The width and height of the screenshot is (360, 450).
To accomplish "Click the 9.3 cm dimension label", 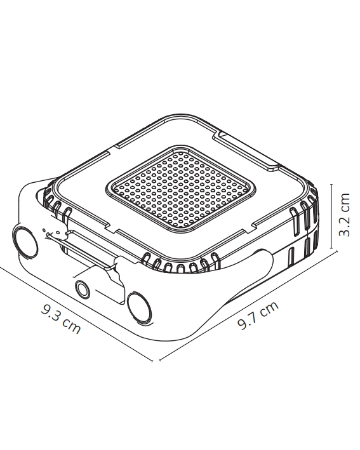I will click(61, 318).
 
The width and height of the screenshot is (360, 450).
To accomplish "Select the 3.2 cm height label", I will click(344, 214).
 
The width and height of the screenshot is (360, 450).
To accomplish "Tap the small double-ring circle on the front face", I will click(82, 289).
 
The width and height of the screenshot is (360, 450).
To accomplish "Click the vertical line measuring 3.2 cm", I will click(331, 217).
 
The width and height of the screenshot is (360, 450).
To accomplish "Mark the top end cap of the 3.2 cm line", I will click(331, 184).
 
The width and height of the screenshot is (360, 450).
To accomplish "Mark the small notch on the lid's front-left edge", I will click(112, 229).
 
